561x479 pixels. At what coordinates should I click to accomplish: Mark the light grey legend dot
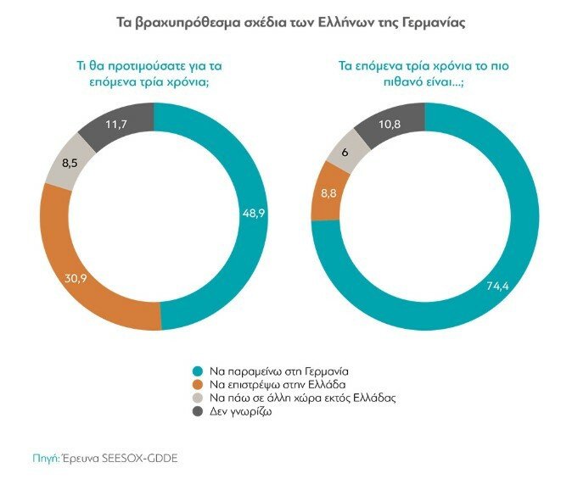(197, 398)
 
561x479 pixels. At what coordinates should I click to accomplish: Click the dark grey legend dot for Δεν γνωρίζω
(197, 411)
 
